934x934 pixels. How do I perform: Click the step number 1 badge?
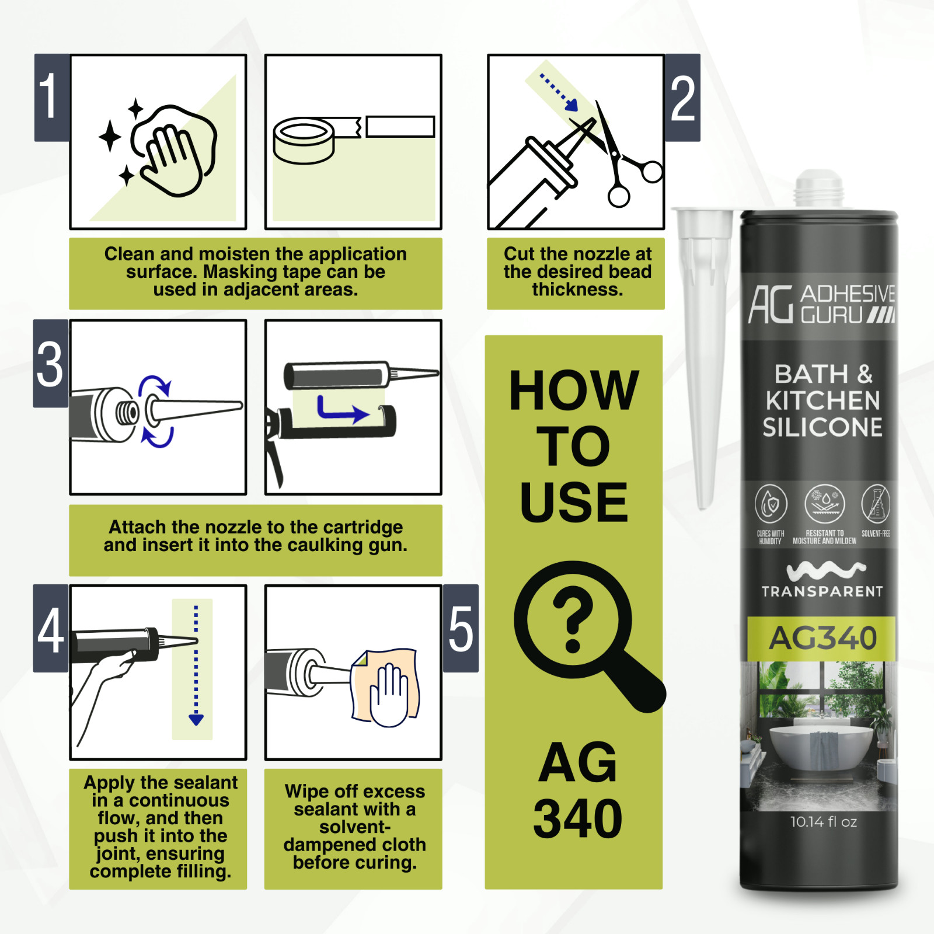pos(51,97)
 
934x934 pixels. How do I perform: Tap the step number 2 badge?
pos(682,97)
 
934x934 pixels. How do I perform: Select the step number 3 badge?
pos(51,363)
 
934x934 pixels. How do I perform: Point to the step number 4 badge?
pos(51,629)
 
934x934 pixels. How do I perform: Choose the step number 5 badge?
pos(461,629)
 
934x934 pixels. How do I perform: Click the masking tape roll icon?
pos(304,140)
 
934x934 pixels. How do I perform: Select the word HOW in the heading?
pos(574,391)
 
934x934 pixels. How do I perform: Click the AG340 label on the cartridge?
pos(822,638)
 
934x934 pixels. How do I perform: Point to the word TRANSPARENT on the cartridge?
pos(822,592)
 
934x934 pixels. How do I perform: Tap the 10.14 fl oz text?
pos(823,822)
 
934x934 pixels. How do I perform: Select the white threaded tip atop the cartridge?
pos(818,188)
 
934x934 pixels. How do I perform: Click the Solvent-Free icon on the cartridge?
pos(876,503)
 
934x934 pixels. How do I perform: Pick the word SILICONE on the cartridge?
pos(822,427)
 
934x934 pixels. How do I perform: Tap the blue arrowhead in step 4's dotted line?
pos(196,719)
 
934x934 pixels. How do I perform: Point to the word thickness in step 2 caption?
pos(577,290)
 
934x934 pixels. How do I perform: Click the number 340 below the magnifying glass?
pos(577,818)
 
